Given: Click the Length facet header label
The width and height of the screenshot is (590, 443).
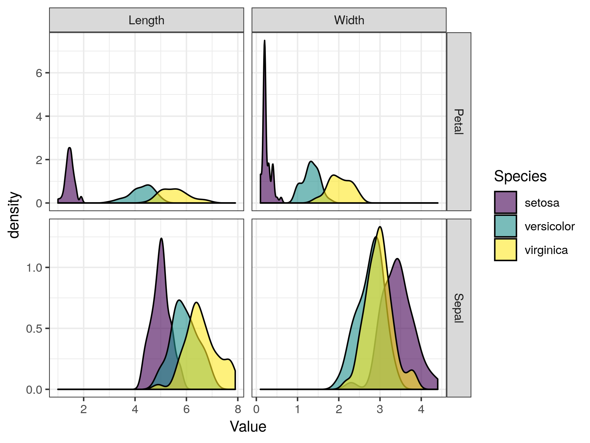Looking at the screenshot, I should point(146,20).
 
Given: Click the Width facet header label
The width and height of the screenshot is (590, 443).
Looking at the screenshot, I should point(349,20).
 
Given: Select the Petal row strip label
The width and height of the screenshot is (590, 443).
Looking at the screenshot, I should point(459,121).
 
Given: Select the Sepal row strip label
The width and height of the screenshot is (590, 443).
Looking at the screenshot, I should point(459,308).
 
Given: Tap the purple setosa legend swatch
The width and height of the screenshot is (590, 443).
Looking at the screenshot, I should point(505,202).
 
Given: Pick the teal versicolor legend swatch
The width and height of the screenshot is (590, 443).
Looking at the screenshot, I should point(505,226).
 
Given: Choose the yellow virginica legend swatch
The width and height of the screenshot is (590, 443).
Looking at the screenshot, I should point(505,250).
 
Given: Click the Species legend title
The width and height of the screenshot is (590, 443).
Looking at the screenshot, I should point(520,176).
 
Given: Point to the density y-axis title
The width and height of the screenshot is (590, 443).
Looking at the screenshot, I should point(14,215).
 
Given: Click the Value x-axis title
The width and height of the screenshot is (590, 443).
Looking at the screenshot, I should point(248,427).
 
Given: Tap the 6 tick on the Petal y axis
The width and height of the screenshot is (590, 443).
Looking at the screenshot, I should point(39,73).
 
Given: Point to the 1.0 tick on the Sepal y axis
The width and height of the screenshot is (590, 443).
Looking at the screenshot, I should point(34,267).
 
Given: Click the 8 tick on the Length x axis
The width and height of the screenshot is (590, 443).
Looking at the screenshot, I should point(238,409).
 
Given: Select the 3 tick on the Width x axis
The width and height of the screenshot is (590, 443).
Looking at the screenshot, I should point(380,409).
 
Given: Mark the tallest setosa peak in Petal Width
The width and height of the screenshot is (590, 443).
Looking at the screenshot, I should point(265,41).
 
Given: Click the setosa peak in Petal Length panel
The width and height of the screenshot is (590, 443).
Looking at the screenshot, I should point(69,148).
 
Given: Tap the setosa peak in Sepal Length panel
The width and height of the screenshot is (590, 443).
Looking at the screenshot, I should point(161,239).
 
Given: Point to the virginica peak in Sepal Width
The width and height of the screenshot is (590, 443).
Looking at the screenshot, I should point(380,227).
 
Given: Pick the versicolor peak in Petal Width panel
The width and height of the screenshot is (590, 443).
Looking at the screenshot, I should point(311,161).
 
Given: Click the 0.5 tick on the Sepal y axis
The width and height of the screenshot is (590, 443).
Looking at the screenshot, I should point(34,328).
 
